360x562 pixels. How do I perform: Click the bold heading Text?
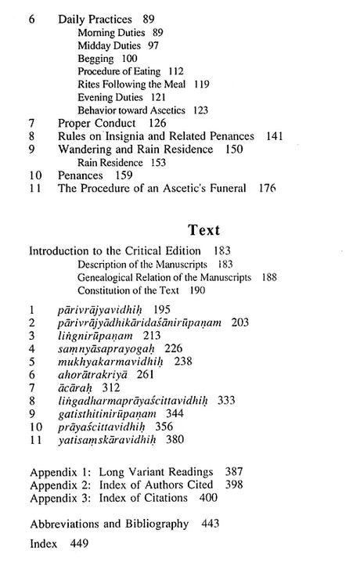204,231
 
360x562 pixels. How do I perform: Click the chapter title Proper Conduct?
96,123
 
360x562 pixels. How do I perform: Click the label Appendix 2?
59,485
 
